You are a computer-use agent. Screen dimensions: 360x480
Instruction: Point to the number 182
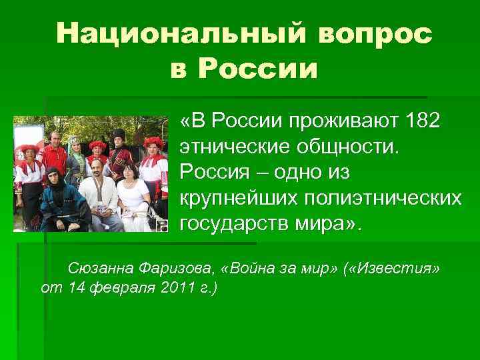[x=420, y=122]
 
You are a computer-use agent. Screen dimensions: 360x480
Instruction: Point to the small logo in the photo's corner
[x=163, y=227]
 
